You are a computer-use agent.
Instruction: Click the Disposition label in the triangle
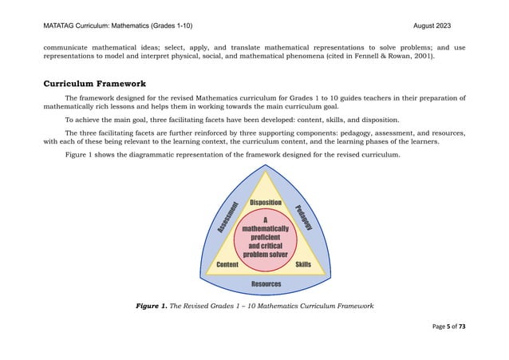[265, 204]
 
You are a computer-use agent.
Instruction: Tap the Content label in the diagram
[227, 264]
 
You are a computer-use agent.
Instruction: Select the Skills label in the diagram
[303, 264]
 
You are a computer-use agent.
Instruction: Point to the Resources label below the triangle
[266, 284]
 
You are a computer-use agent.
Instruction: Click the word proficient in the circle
[265, 236]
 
